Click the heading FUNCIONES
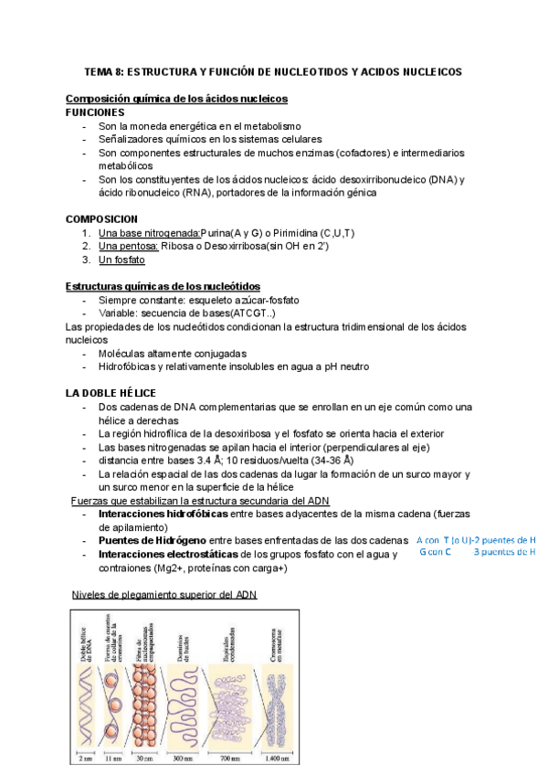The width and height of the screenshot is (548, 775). [96, 111]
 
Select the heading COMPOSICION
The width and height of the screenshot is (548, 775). [102, 219]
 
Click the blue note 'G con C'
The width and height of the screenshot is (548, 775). [436, 552]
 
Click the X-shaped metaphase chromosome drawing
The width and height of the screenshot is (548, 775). [276, 681]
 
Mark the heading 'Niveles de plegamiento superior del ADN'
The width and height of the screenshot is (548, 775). [164, 595]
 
